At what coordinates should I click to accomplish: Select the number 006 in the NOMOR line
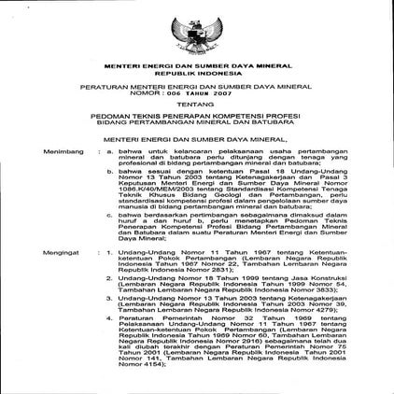coord(166,92)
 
